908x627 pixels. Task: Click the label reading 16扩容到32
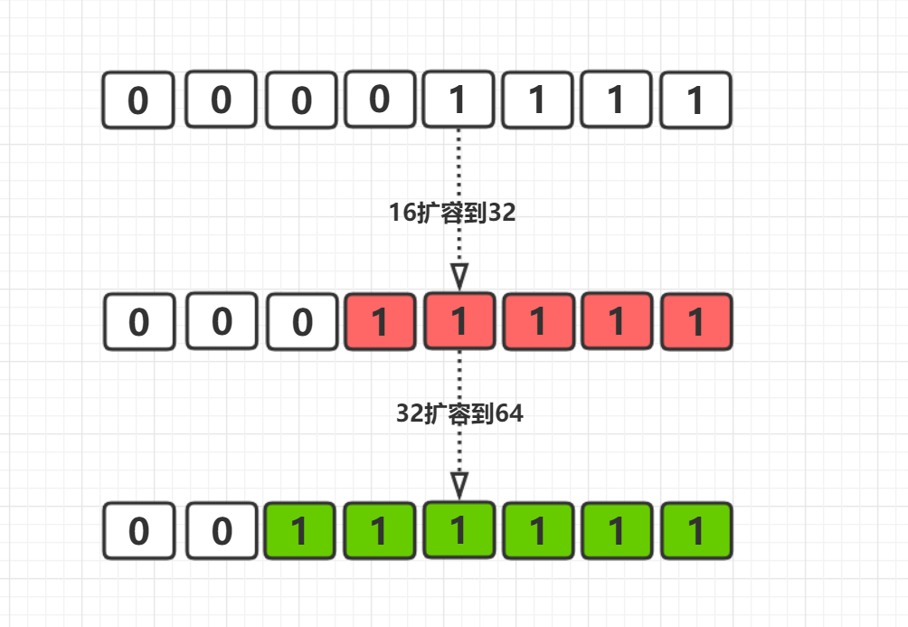(x=452, y=214)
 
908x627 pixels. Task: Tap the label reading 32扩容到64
(x=460, y=413)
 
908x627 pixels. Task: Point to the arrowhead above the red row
(x=459, y=275)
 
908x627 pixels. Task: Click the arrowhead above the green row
(x=459, y=484)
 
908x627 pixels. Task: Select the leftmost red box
(x=380, y=322)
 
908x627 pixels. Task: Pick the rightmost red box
(x=696, y=322)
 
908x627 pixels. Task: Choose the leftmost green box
(x=300, y=531)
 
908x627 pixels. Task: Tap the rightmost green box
(x=696, y=531)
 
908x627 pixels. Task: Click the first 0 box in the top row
(x=137, y=100)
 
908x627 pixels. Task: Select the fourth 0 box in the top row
(x=380, y=99)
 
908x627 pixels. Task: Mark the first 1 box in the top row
(x=459, y=100)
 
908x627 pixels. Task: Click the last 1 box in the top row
(x=695, y=100)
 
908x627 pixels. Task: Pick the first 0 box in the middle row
(x=138, y=322)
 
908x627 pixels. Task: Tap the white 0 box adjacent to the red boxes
(x=302, y=322)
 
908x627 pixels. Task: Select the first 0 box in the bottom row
(x=138, y=531)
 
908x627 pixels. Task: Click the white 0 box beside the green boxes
(x=222, y=531)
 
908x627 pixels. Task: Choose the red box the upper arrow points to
(x=459, y=321)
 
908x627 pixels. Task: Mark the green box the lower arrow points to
(x=459, y=530)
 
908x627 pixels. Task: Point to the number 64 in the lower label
(x=510, y=413)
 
